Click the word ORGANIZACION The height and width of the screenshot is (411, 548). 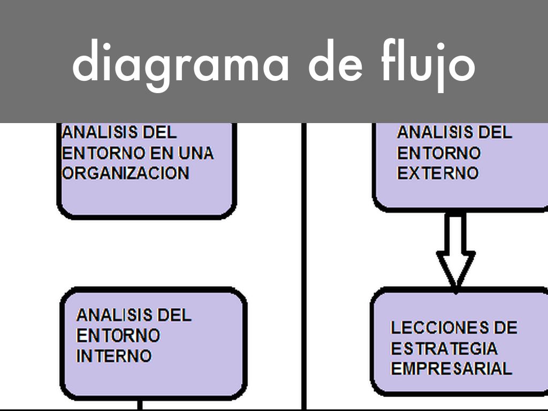point(126,173)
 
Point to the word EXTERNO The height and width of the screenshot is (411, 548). point(437,173)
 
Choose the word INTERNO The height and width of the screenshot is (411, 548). point(113,356)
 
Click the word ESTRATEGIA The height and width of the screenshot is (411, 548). point(444,348)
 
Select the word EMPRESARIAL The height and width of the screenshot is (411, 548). point(451,369)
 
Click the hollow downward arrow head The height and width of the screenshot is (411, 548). point(455,270)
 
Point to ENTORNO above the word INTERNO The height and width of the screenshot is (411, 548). point(118,336)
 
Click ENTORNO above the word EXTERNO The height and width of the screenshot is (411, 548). point(438,153)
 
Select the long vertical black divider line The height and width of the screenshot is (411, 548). point(304,268)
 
